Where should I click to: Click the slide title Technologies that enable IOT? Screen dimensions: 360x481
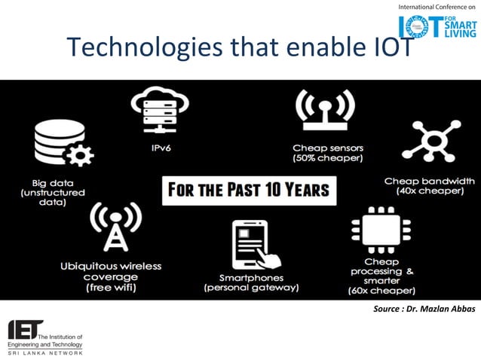click(x=240, y=47)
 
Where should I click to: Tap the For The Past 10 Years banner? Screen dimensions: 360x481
click(x=248, y=188)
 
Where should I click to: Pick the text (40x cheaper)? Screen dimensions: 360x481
click(x=429, y=191)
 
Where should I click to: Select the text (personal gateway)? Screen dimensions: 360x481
click(x=253, y=288)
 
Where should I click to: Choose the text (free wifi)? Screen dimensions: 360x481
click(x=111, y=287)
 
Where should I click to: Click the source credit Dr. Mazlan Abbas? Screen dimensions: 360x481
click(x=424, y=310)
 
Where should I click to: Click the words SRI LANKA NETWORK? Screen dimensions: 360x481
click(x=45, y=352)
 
